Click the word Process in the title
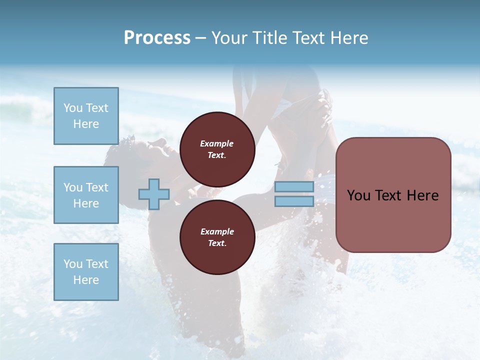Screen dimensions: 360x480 coord(157,38)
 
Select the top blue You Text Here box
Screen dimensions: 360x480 coord(86,116)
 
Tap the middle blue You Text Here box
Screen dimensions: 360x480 coord(86,195)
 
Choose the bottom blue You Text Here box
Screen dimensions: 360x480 coord(86,272)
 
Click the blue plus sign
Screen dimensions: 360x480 coord(154,194)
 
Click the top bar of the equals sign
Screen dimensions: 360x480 coord(294,187)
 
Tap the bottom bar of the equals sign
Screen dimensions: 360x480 coord(294,201)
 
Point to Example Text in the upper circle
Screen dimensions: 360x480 coord(217,149)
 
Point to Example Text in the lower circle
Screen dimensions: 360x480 coord(217,237)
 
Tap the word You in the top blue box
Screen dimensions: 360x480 coord(72,108)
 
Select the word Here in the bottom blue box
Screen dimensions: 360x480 coord(86,280)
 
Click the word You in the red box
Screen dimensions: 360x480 coord(358,195)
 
